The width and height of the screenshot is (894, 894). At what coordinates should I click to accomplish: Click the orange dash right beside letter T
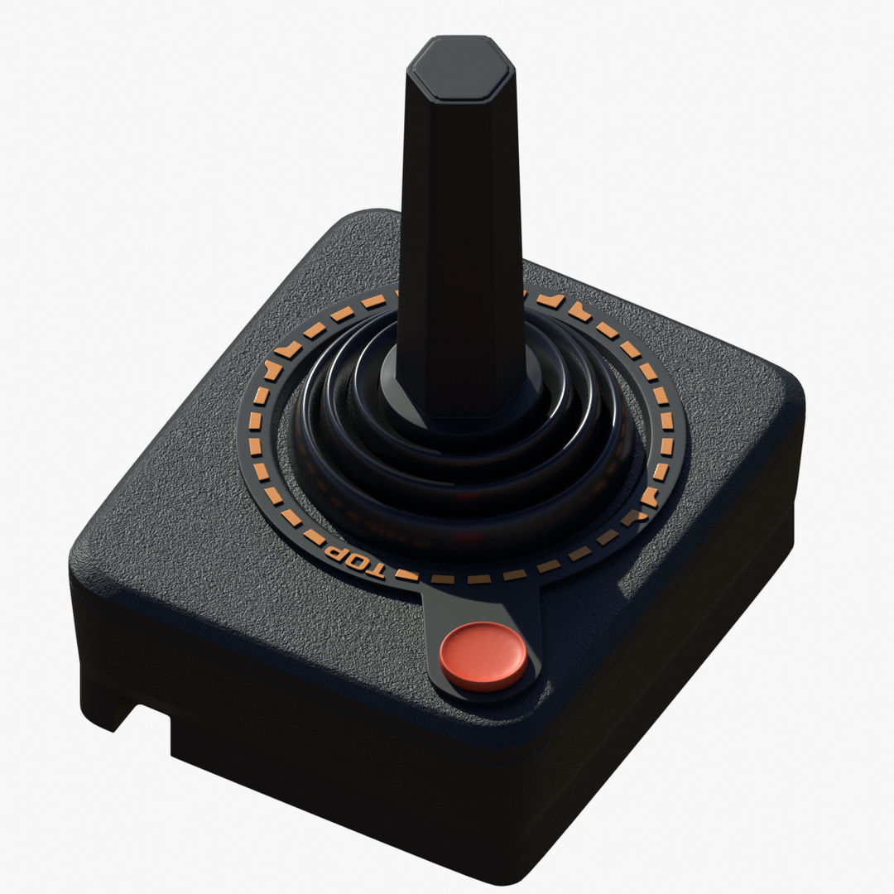tap(406, 574)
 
